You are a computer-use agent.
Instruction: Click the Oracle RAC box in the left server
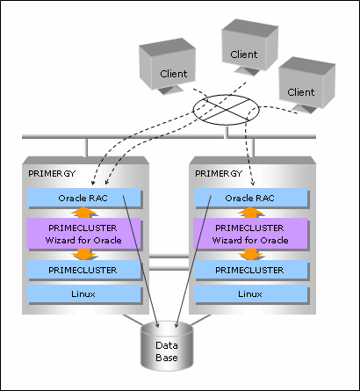(x=83, y=198)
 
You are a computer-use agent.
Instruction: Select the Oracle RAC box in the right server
(x=250, y=198)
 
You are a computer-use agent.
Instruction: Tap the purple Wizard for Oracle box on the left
(x=83, y=234)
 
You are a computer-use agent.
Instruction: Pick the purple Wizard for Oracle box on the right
(x=250, y=234)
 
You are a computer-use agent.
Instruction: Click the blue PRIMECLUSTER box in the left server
(x=83, y=270)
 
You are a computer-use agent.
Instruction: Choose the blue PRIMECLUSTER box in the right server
(x=250, y=270)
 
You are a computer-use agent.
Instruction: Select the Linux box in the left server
(x=83, y=293)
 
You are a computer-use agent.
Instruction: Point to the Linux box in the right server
(x=250, y=293)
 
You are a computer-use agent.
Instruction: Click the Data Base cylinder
(x=167, y=346)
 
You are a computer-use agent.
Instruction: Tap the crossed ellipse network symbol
(x=227, y=110)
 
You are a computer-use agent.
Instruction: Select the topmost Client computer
(x=249, y=47)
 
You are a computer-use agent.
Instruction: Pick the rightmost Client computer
(x=306, y=84)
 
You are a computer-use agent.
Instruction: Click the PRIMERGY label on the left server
(x=52, y=173)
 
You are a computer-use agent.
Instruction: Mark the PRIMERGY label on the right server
(x=219, y=173)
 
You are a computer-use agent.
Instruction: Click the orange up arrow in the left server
(x=83, y=212)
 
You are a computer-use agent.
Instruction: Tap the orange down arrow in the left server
(x=83, y=254)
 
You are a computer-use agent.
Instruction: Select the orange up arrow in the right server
(x=250, y=212)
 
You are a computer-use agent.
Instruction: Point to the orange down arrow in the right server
(x=250, y=254)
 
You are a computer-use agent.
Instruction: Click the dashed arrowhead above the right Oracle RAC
(x=253, y=183)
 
